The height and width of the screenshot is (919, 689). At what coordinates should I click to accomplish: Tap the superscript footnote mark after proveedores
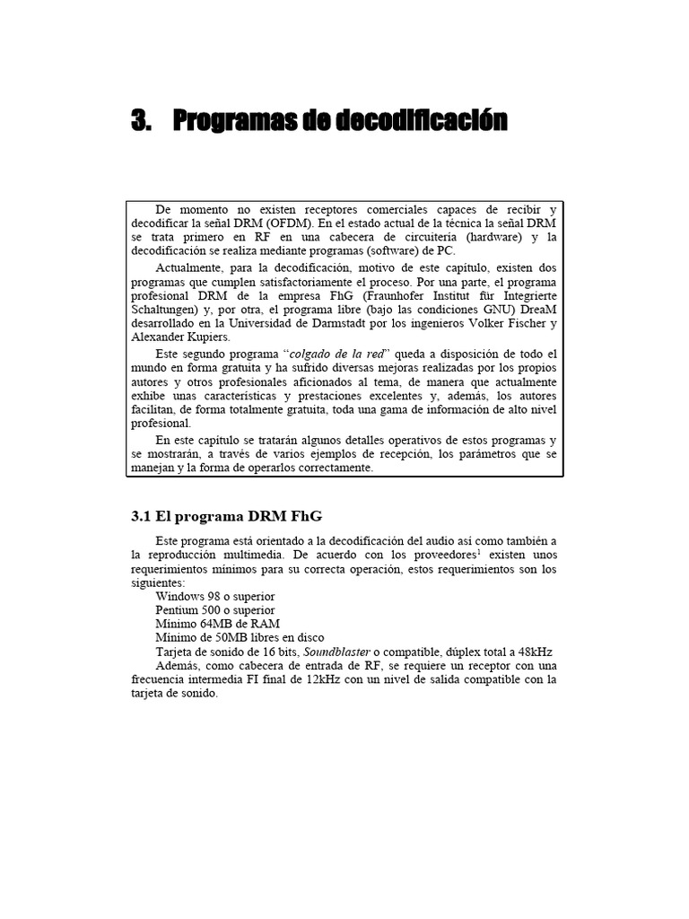tap(479, 551)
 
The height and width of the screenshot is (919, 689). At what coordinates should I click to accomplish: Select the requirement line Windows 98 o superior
tap(215, 596)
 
